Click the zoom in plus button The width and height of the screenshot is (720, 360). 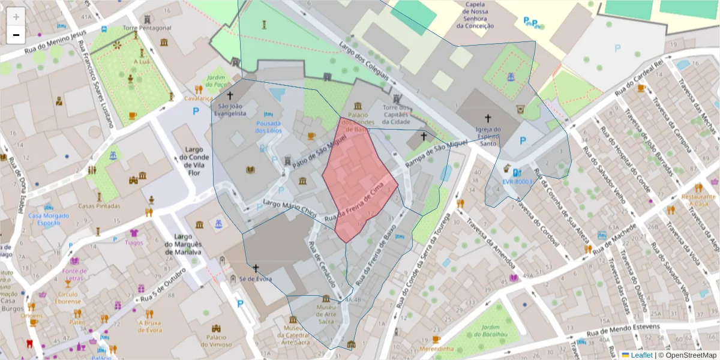pos(16,17)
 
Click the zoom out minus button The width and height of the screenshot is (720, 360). pos(16,35)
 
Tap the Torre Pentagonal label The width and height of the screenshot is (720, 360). pos(147,28)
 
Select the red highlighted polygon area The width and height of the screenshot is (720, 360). pos(359,177)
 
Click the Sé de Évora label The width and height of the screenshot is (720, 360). pos(256,279)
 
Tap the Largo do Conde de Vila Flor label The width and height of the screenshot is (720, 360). pos(196,157)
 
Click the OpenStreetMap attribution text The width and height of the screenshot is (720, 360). pos(687,355)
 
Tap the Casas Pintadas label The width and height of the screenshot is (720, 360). pos(99,206)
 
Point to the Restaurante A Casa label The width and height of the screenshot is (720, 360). pos(702,200)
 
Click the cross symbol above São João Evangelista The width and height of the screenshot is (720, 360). pos(229,95)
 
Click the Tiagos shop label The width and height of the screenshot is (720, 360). pos(134,243)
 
